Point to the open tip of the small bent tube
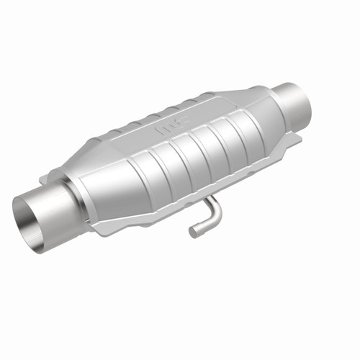coord(193,232)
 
